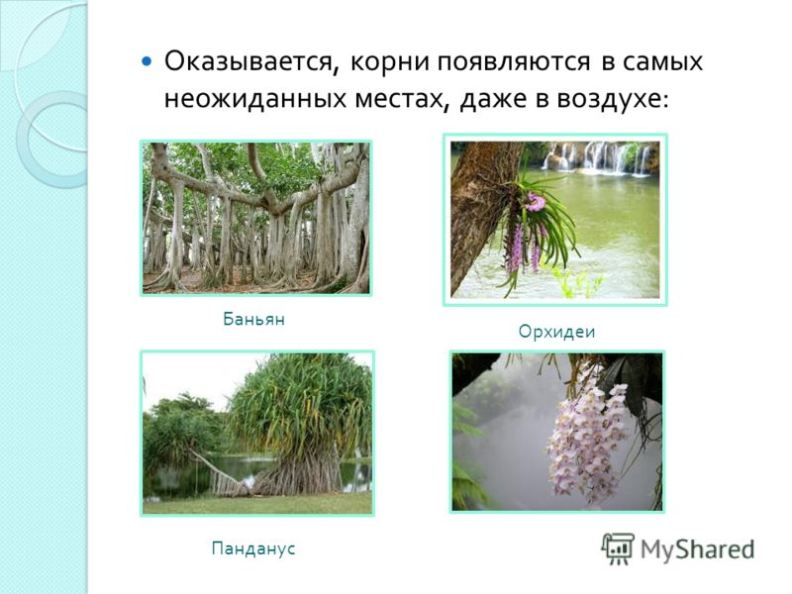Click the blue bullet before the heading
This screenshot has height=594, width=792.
tap(147, 62)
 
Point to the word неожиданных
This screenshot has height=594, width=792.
tap(255, 98)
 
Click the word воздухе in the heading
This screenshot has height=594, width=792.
tap(612, 99)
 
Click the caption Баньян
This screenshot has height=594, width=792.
tap(254, 319)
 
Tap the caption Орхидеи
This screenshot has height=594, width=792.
tap(556, 332)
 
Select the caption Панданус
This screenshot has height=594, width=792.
tap(253, 548)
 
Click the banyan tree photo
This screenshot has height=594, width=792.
tap(256, 218)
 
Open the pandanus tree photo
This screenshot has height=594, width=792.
tap(257, 433)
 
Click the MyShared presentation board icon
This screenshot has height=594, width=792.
tap(618, 548)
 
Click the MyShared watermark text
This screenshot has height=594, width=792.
tap(698, 549)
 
